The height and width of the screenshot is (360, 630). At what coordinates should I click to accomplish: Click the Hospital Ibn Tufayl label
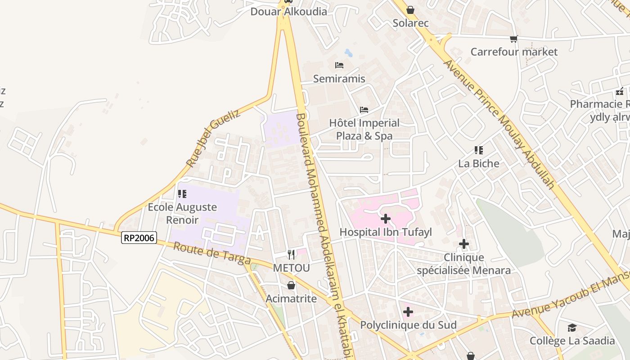[385, 232]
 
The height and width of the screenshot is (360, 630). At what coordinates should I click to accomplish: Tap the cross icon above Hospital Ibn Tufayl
[386, 219]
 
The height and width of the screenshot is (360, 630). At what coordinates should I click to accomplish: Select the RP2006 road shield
[139, 238]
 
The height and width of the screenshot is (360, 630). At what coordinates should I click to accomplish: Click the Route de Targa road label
[211, 254]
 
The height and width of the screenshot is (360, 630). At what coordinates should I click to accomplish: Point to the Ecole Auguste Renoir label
[182, 213]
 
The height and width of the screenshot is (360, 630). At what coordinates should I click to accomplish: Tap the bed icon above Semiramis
[339, 66]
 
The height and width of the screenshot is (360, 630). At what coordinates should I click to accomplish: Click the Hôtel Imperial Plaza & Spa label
[364, 129]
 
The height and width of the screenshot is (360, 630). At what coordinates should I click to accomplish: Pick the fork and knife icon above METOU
[291, 255]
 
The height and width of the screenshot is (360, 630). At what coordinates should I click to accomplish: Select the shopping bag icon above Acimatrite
[291, 285]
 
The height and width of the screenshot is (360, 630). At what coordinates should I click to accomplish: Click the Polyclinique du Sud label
[408, 325]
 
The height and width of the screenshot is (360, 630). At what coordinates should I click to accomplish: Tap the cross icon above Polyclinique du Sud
[408, 312]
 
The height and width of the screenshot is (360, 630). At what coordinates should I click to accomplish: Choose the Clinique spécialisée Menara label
[463, 264]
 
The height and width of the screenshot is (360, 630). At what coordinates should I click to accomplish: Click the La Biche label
[479, 163]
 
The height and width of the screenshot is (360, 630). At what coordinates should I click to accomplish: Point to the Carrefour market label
[514, 52]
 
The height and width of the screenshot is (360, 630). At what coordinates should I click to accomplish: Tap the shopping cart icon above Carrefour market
[514, 39]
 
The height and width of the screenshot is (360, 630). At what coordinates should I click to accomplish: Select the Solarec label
[410, 23]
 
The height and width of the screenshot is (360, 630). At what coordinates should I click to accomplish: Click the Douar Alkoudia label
[288, 12]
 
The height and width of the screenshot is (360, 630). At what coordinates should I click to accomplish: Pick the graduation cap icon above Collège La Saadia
[572, 328]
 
